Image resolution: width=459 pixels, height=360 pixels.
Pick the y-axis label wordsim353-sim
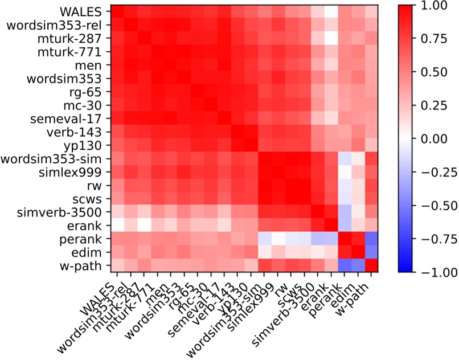pyautogui.click(x=57, y=158)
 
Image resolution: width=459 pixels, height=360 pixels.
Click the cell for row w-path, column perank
pyautogui.click(x=345, y=264)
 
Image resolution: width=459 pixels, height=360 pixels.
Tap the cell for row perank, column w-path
pyautogui.click(x=371, y=238)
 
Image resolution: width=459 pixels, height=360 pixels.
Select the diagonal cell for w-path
pyautogui.click(x=371, y=264)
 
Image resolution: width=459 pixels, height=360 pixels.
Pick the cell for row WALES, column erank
pyautogui.click(x=331, y=11)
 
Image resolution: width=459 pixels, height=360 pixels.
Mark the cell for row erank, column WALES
pyautogui.click(x=117, y=224)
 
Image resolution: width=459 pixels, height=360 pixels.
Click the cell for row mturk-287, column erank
pyautogui.click(x=331, y=38)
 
